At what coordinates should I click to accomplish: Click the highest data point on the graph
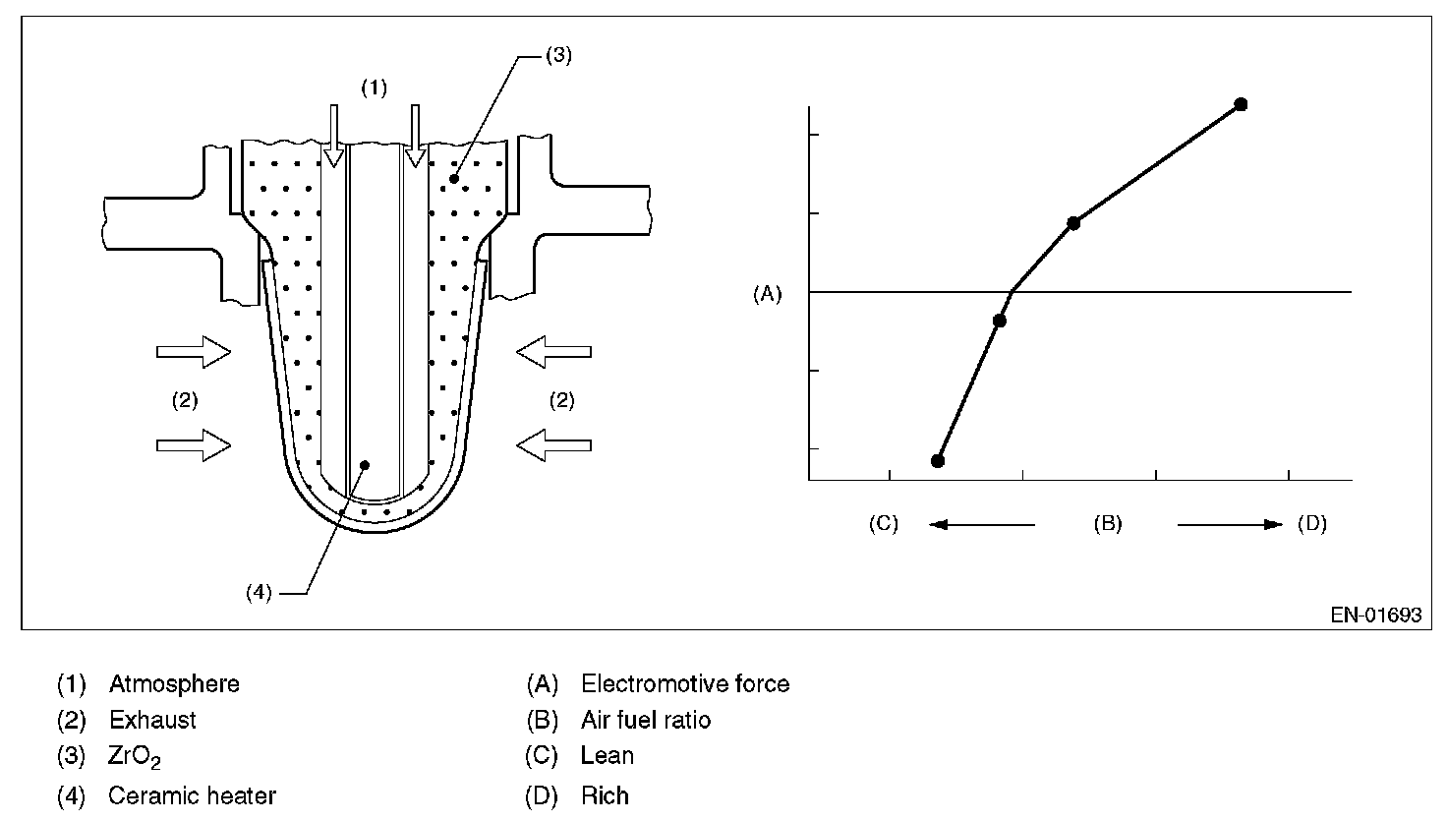pyautogui.click(x=1241, y=104)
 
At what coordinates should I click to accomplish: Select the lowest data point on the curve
pyautogui.click(x=938, y=460)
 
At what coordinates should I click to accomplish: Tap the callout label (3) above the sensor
pyautogui.click(x=557, y=55)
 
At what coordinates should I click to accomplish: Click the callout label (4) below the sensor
pyautogui.click(x=260, y=593)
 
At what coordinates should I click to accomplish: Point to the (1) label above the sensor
pyautogui.click(x=374, y=88)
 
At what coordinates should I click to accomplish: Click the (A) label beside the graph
pyautogui.click(x=767, y=293)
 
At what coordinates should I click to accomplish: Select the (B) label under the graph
pyautogui.click(x=1108, y=523)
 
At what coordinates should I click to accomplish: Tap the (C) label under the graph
pyautogui.click(x=883, y=523)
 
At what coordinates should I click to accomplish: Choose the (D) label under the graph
pyautogui.click(x=1312, y=523)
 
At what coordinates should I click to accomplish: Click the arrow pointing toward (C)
pyautogui.click(x=981, y=524)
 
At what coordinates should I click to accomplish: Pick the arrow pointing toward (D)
pyautogui.click(x=1230, y=524)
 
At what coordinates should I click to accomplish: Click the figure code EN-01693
pyautogui.click(x=1376, y=616)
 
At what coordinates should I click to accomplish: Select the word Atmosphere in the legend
pyautogui.click(x=174, y=683)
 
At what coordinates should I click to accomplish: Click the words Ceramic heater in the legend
pyautogui.click(x=193, y=795)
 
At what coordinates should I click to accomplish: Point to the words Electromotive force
pyautogui.click(x=685, y=683)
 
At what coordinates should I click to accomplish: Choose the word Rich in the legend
pyautogui.click(x=605, y=795)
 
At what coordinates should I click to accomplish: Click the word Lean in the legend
pyautogui.click(x=608, y=756)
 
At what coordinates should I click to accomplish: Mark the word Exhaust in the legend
pyautogui.click(x=152, y=720)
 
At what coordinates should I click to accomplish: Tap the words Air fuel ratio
pyautogui.click(x=646, y=720)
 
